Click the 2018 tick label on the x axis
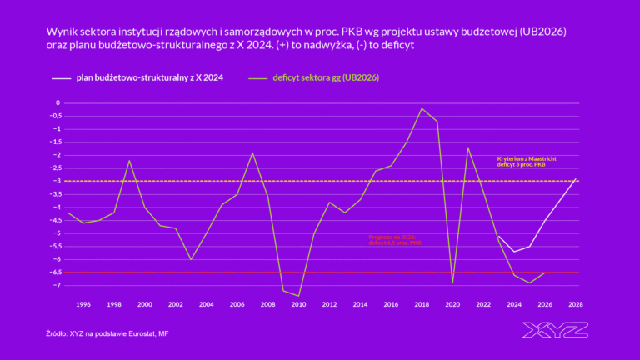coord(422,304)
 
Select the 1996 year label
coord(83,304)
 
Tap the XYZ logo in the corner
coord(554,330)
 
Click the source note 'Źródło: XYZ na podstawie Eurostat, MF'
coord(112,333)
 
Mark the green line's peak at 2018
coord(422,108)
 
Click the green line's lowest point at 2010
coord(298,296)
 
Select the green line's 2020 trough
coord(452,283)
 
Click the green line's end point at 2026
coord(545,272)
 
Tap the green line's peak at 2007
coord(252,152)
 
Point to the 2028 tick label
coord(576,304)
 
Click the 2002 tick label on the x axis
coord(176,304)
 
